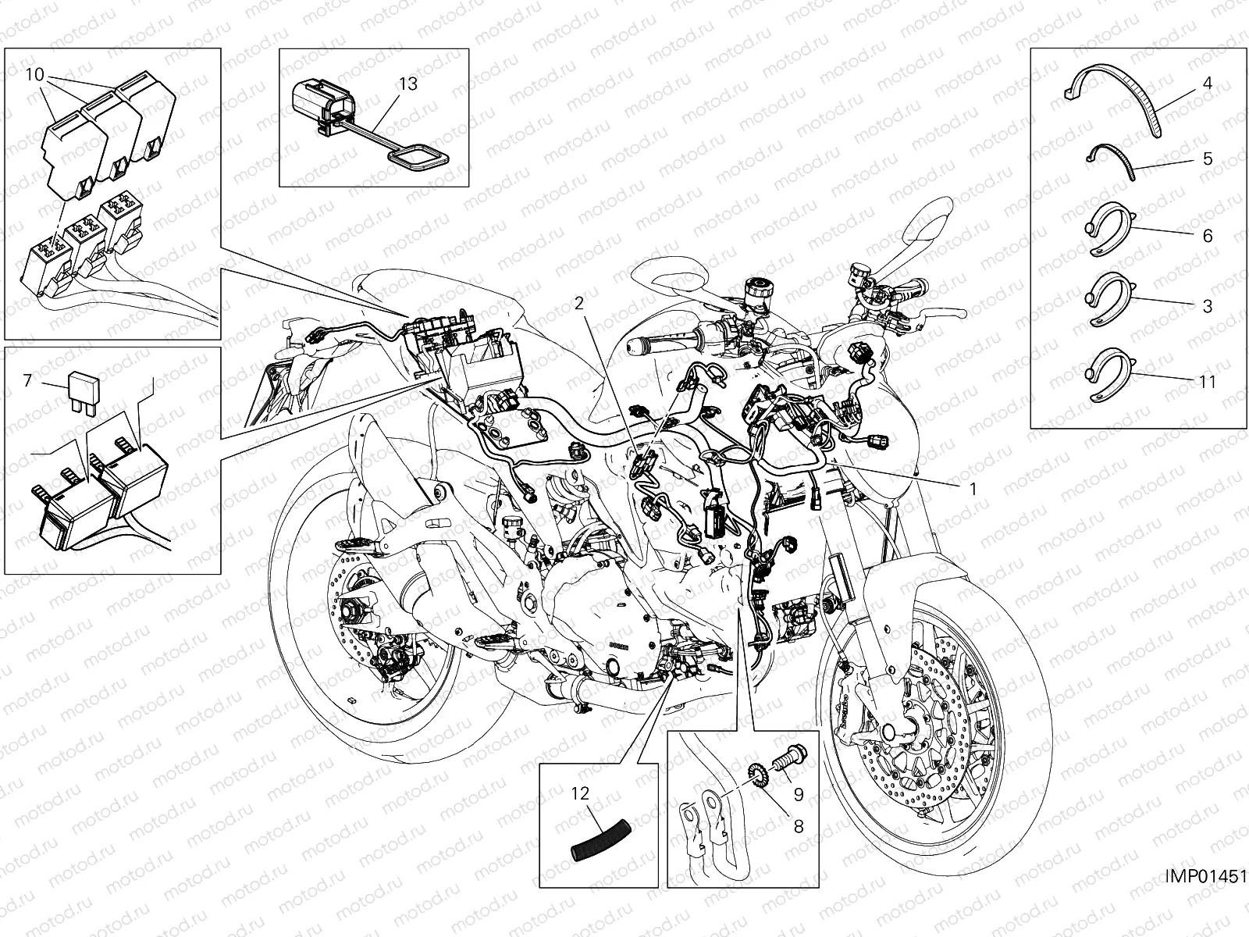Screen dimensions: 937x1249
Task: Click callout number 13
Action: coord(408,84)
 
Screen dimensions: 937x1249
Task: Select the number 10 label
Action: coord(34,75)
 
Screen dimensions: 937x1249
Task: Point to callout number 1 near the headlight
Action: coord(973,489)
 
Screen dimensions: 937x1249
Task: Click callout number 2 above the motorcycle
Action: coord(579,304)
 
